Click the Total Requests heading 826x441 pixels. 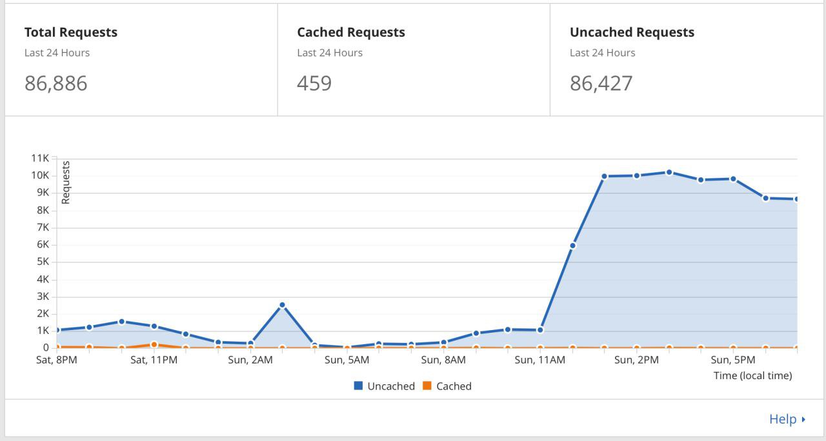pos(71,32)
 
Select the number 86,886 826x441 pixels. pos(55,83)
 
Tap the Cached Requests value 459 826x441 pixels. pos(314,83)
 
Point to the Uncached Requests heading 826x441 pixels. pos(632,32)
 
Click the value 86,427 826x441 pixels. pos(601,83)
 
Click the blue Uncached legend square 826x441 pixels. pos(358,386)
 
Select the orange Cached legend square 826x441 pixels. pos(427,386)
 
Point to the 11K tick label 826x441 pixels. pos(40,158)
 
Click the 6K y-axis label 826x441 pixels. pos(43,244)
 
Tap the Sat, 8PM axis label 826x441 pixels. pos(56,360)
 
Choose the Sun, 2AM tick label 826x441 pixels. pos(250,360)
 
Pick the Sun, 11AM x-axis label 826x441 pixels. pos(540,360)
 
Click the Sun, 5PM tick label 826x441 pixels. pos(733,360)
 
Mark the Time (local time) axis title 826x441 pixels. pos(752,375)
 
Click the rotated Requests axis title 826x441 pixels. pos(65,182)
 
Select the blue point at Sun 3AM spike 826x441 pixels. pos(283,305)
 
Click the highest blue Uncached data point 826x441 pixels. pos(669,172)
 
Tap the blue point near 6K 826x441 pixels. pos(572,246)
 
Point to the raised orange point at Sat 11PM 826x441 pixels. pos(154,344)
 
